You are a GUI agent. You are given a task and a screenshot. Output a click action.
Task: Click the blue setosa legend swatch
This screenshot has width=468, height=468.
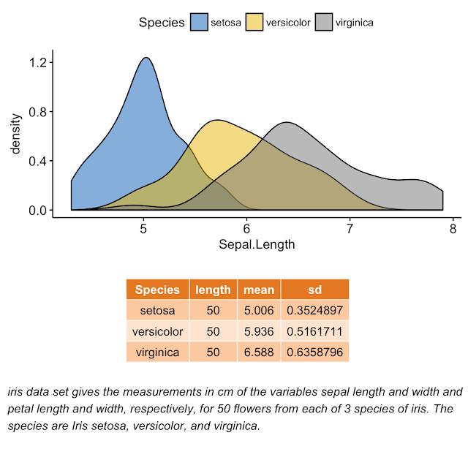pos(199,22)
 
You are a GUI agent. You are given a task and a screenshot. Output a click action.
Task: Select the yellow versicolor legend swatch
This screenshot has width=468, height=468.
pos(254,22)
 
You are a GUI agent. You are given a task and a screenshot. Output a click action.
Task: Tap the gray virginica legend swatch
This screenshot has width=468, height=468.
pos(324,22)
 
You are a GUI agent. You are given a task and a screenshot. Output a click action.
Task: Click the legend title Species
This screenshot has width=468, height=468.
pos(162,23)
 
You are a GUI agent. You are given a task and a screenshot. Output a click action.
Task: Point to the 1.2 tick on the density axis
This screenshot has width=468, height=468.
pos(38,63)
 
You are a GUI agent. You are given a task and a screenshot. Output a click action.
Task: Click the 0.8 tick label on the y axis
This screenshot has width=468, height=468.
pos(38,112)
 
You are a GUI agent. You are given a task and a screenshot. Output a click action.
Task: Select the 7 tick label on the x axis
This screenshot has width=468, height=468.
pos(350,229)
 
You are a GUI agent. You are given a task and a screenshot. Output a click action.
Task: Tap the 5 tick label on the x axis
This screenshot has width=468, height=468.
pos(143,229)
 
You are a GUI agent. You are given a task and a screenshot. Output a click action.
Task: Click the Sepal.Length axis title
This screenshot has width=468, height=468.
pos(257,245)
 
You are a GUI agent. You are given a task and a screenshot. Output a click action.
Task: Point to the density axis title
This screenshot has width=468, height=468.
pos(15,133)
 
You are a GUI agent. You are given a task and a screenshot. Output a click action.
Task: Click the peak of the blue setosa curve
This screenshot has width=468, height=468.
pos(146,58)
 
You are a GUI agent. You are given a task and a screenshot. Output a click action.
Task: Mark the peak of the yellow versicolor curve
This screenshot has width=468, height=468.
pos(217,120)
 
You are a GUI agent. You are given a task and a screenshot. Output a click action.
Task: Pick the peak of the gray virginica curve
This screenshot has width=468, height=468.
pos(287,122)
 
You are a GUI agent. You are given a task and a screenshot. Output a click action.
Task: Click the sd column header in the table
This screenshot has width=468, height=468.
pos(315,290)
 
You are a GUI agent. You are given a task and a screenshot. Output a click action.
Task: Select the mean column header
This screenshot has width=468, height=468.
pos(259,290)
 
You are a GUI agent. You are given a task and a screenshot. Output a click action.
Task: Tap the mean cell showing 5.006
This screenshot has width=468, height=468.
pos(259,310)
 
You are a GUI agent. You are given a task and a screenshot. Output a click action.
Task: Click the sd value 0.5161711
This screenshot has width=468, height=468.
pos(315,331)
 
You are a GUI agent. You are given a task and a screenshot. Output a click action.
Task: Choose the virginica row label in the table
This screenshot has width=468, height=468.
pos(158,352)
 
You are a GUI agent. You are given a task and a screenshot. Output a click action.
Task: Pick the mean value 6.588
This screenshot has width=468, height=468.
pos(259,352)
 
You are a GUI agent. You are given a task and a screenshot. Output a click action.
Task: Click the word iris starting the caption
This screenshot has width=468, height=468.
pos(15,392)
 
